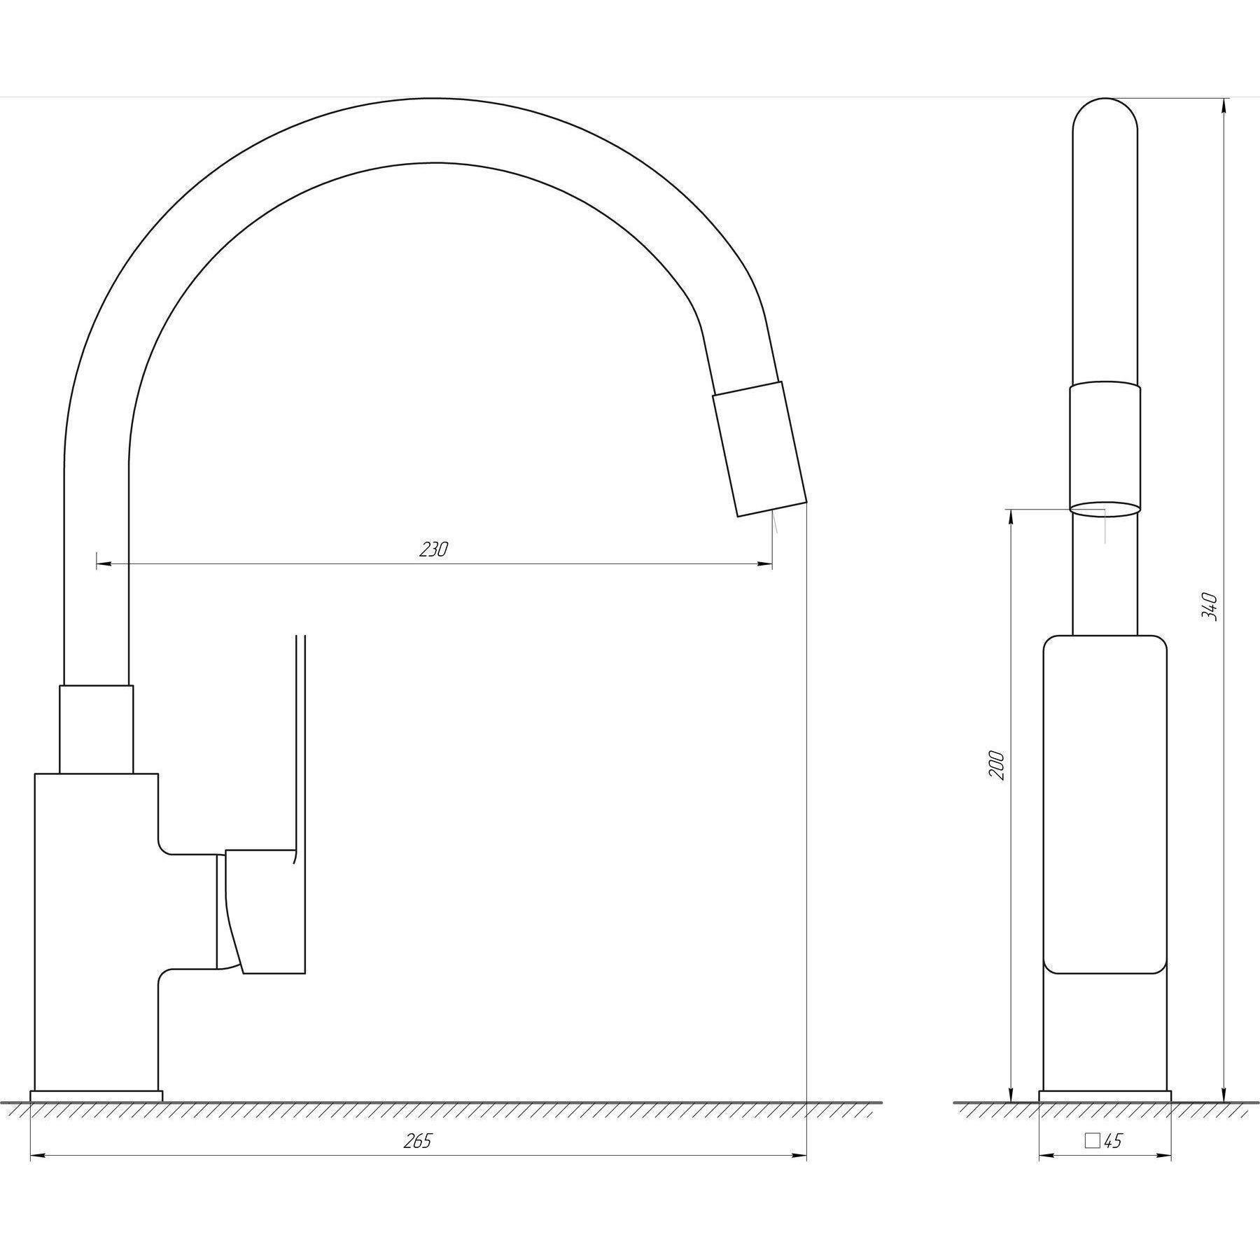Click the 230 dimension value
(x=433, y=549)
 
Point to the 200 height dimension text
(x=997, y=766)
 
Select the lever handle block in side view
(x=265, y=911)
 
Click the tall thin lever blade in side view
(x=301, y=742)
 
